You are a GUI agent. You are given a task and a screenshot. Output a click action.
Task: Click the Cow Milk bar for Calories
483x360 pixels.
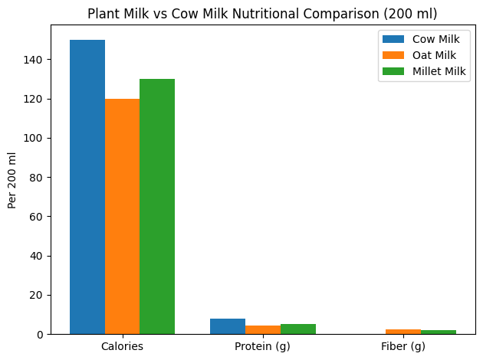click(x=87, y=187)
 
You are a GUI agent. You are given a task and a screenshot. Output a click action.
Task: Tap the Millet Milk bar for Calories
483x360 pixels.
click(x=157, y=207)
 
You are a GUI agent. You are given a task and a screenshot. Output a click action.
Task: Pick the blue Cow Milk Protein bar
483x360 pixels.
click(x=228, y=326)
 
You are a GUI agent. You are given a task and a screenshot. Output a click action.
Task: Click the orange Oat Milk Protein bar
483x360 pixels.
click(x=263, y=330)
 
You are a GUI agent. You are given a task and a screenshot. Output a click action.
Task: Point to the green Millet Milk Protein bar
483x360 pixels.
click(x=297, y=329)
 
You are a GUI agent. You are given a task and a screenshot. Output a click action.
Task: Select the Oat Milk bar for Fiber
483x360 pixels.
click(x=403, y=332)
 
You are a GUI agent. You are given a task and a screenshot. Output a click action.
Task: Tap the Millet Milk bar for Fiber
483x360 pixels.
click(x=438, y=332)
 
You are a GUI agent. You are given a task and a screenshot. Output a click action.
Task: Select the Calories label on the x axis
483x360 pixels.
click(x=122, y=347)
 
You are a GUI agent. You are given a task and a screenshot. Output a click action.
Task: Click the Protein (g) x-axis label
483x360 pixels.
click(x=263, y=347)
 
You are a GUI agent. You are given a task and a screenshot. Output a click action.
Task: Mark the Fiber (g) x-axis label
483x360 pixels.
click(x=403, y=347)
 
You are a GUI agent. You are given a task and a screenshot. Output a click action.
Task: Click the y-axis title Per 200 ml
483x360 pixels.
click(x=12, y=180)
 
